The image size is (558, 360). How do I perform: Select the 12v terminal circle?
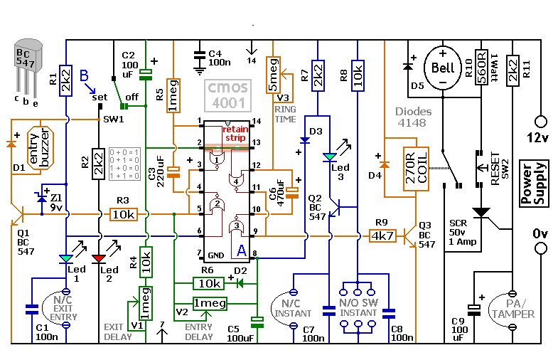540,122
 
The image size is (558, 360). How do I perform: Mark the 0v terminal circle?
540,248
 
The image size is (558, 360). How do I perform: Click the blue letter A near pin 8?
241,250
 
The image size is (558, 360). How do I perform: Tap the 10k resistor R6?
210,283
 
